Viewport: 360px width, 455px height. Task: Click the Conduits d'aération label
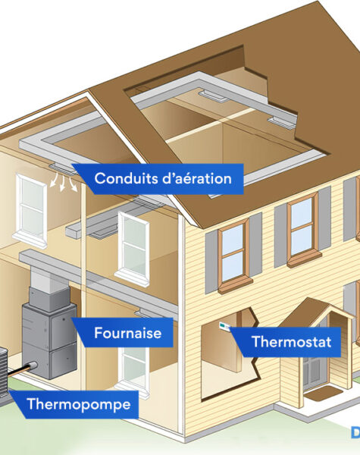pos(163,178)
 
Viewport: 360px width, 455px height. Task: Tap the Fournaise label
pos(127,333)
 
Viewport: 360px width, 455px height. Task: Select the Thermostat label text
pos(292,341)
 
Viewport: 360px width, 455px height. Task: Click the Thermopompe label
pos(78,404)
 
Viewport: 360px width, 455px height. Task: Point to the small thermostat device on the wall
pos(224,326)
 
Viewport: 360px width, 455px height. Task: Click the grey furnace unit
pos(49,333)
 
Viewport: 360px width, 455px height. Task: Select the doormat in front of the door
pos(323,394)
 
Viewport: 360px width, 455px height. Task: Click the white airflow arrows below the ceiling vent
pos(64,182)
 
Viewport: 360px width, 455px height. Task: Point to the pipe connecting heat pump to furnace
pos(21,370)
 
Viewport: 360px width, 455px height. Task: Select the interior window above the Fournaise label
pos(133,249)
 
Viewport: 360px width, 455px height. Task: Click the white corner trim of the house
pos(182,325)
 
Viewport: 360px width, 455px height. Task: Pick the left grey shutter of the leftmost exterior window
pos(211,262)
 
